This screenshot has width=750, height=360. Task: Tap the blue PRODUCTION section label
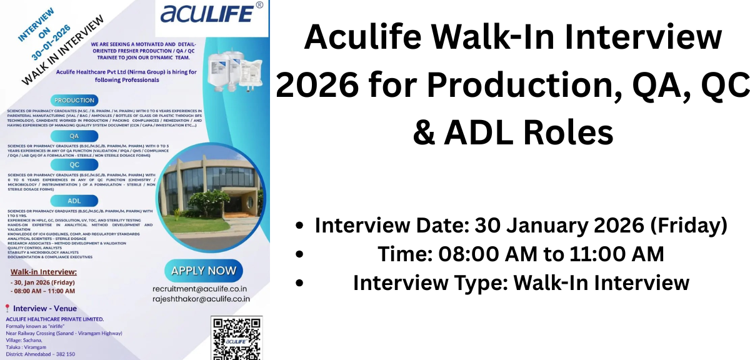pos(74,100)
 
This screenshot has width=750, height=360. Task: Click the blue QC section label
pos(74,164)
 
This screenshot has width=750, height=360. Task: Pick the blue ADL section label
pos(74,201)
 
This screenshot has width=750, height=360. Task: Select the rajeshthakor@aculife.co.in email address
pos(201,299)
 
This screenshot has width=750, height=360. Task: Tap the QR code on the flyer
pos(236,338)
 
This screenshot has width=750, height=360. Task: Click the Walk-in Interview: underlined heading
pos(44,272)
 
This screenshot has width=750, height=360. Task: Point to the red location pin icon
pos(7,308)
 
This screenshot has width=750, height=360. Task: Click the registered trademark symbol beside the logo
pos(260,5)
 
